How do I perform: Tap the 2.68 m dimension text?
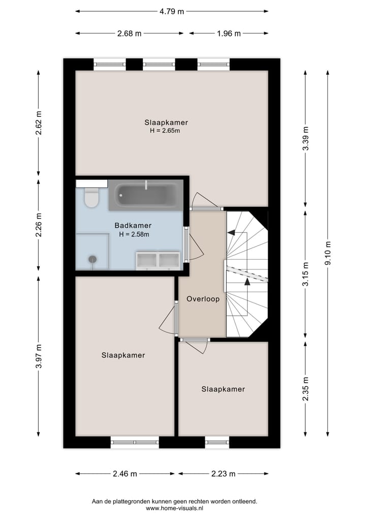tap(129, 34)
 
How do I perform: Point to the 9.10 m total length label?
tap(328, 252)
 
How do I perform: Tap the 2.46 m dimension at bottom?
tap(125, 474)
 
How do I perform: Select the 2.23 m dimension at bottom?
tap(223, 474)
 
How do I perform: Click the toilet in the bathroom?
tap(91, 197)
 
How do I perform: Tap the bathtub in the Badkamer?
tap(146, 195)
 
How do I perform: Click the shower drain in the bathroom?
tap(92, 259)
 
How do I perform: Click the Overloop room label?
tap(203, 299)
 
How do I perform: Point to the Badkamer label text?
tap(133, 225)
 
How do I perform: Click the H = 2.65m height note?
tap(165, 131)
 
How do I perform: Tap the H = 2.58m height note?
tap(134, 234)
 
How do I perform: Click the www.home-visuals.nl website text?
tap(174, 508)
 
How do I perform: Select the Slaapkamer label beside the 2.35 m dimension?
tap(223, 389)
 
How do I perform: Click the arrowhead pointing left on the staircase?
tap(231, 233)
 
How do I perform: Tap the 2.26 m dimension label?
tap(39, 225)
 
